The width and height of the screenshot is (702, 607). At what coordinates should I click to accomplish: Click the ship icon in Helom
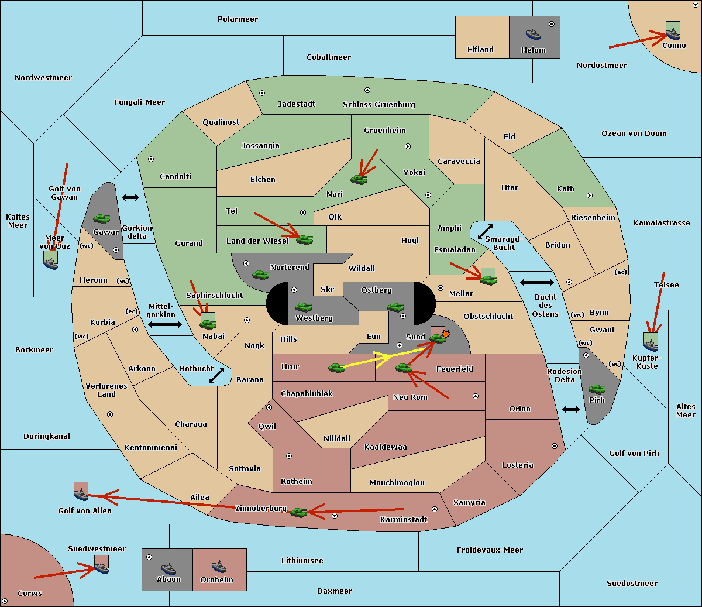(533, 34)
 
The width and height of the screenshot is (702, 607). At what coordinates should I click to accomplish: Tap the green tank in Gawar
(102, 218)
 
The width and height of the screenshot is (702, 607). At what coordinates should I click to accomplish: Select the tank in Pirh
(597, 389)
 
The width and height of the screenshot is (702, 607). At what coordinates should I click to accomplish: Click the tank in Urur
(336, 368)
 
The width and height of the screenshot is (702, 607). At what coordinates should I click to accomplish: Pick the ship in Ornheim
(219, 567)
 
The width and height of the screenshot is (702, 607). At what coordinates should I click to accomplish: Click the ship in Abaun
(168, 569)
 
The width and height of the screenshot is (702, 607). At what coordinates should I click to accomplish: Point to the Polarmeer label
(238, 19)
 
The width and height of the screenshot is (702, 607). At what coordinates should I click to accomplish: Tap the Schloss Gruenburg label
(379, 104)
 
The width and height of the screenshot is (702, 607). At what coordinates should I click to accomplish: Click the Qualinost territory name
(221, 122)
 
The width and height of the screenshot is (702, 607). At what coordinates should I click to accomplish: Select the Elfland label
(480, 50)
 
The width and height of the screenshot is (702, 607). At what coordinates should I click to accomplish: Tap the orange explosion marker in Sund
(446, 334)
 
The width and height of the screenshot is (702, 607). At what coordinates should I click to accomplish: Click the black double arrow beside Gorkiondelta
(130, 197)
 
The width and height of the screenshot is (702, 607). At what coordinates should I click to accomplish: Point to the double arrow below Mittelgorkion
(165, 324)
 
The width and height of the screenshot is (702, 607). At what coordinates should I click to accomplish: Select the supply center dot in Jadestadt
(262, 93)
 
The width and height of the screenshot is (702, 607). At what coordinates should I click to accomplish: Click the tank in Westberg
(303, 307)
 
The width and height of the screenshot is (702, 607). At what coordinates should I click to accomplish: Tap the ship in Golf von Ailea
(81, 495)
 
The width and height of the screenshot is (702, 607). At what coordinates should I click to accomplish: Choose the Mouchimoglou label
(397, 482)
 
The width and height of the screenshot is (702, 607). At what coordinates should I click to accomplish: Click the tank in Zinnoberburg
(298, 513)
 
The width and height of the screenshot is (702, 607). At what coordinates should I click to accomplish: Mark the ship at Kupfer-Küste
(651, 345)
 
